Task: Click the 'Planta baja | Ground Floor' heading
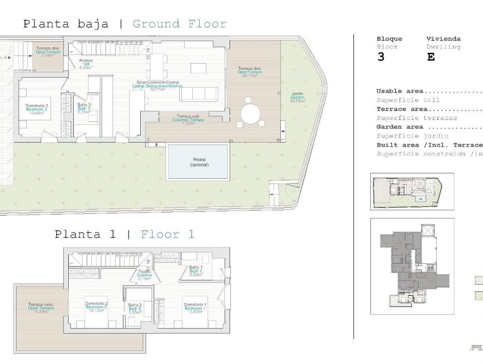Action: (x=125, y=24)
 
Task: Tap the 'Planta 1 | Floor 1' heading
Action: (x=125, y=234)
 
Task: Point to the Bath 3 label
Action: (x=84, y=108)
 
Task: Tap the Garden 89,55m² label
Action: (x=298, y=98)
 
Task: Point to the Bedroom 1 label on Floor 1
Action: (x=195, y=308)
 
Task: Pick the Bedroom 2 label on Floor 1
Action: (x=97, y=307)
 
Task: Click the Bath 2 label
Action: (x=135, y=309)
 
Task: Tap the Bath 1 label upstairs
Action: (x=196, y=271)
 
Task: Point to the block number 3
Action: (x=380, y=57)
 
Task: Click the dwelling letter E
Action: (x=431, y=57)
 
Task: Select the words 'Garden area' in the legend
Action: (x=400, y=127)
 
